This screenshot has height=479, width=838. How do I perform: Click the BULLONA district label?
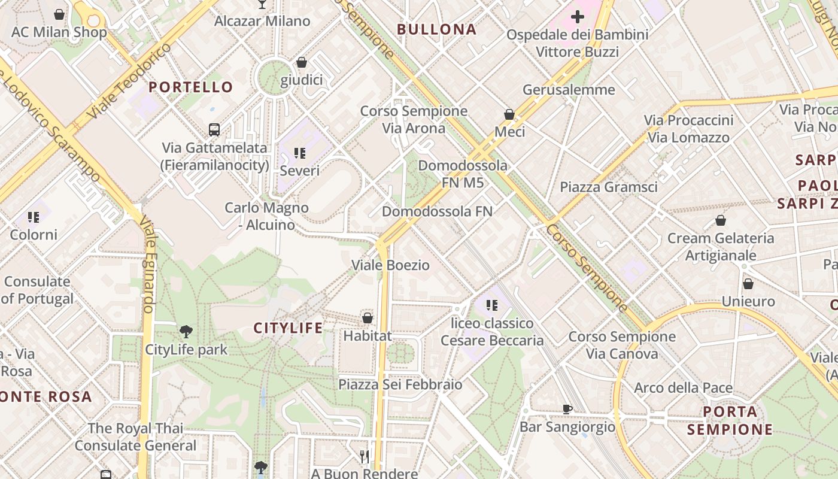(x=436, y=29)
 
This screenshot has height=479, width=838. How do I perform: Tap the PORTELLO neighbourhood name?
(x=190, y=87)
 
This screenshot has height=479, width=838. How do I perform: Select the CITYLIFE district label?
(x=288, y=328)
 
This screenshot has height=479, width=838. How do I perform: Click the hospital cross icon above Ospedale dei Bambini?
(x=578, y=17)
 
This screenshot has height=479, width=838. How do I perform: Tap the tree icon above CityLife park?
(x=186, y=331)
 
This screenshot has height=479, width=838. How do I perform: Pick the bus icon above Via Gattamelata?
(x=214, y=129)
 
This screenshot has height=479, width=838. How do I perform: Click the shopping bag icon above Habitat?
(x=368, y=317)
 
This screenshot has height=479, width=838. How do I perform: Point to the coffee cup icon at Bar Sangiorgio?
(x=567, y=409)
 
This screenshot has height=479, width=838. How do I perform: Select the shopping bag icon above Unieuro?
(x=748, y=283)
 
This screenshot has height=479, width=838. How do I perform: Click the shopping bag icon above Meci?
(x=509, y=114)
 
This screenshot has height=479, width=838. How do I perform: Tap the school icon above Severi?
(x=300, y=153)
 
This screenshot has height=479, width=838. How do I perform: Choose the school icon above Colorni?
(x=33, y=217)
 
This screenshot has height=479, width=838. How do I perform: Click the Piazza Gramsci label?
(x=608, y=187)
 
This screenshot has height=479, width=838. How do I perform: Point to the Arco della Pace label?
(x=683, y=388)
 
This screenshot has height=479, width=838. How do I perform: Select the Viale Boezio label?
(x=390, y=265)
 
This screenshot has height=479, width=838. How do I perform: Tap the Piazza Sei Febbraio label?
(x=400, y=384)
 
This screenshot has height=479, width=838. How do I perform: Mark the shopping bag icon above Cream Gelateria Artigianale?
(x=721, y=220)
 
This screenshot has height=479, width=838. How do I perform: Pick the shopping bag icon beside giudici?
(x=302, y=62)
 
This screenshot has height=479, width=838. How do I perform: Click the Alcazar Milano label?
(x=262, y=22)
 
